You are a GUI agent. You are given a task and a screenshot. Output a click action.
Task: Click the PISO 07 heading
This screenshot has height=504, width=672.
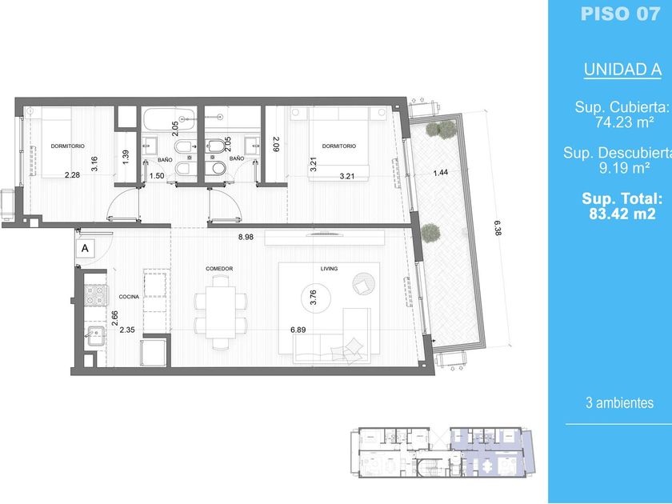point(620,14)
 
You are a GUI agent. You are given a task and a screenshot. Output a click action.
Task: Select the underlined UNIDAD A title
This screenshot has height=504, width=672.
point(622,70)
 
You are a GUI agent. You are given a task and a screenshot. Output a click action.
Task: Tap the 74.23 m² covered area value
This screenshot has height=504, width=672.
point(624,122)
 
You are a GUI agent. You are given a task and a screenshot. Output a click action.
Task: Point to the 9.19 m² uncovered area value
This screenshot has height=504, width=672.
point(624,167)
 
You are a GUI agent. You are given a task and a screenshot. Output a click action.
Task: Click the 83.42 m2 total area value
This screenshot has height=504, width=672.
point(622,214)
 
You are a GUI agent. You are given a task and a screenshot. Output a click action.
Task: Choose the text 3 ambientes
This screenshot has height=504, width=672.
point(620,403)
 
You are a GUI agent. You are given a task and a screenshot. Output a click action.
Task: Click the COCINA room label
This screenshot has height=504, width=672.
point(129,297)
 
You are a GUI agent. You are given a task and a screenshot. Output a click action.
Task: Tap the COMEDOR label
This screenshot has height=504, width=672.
point(219,269)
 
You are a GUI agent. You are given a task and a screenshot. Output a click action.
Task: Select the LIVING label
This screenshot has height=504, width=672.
point(329,269)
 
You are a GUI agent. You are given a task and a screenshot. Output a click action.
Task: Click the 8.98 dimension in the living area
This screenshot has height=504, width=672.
point(246,237)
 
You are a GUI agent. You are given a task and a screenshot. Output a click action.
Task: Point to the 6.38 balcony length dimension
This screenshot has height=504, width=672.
point(497,228)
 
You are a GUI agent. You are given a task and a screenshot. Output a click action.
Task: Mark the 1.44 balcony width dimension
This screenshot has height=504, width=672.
point(441,173)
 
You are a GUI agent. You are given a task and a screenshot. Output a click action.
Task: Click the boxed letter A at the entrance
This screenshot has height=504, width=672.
point(86,248)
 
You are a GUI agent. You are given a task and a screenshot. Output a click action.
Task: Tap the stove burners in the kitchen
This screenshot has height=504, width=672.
point(96,295)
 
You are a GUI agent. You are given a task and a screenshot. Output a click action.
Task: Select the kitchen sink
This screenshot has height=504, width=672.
point(96,335)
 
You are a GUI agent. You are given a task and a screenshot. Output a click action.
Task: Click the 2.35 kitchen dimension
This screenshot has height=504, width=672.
point(127,330)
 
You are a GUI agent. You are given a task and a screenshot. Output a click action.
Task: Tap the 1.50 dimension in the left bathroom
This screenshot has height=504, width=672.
point(157,176)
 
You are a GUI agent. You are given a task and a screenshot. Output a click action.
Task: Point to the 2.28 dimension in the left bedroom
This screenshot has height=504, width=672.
point(73,175)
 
